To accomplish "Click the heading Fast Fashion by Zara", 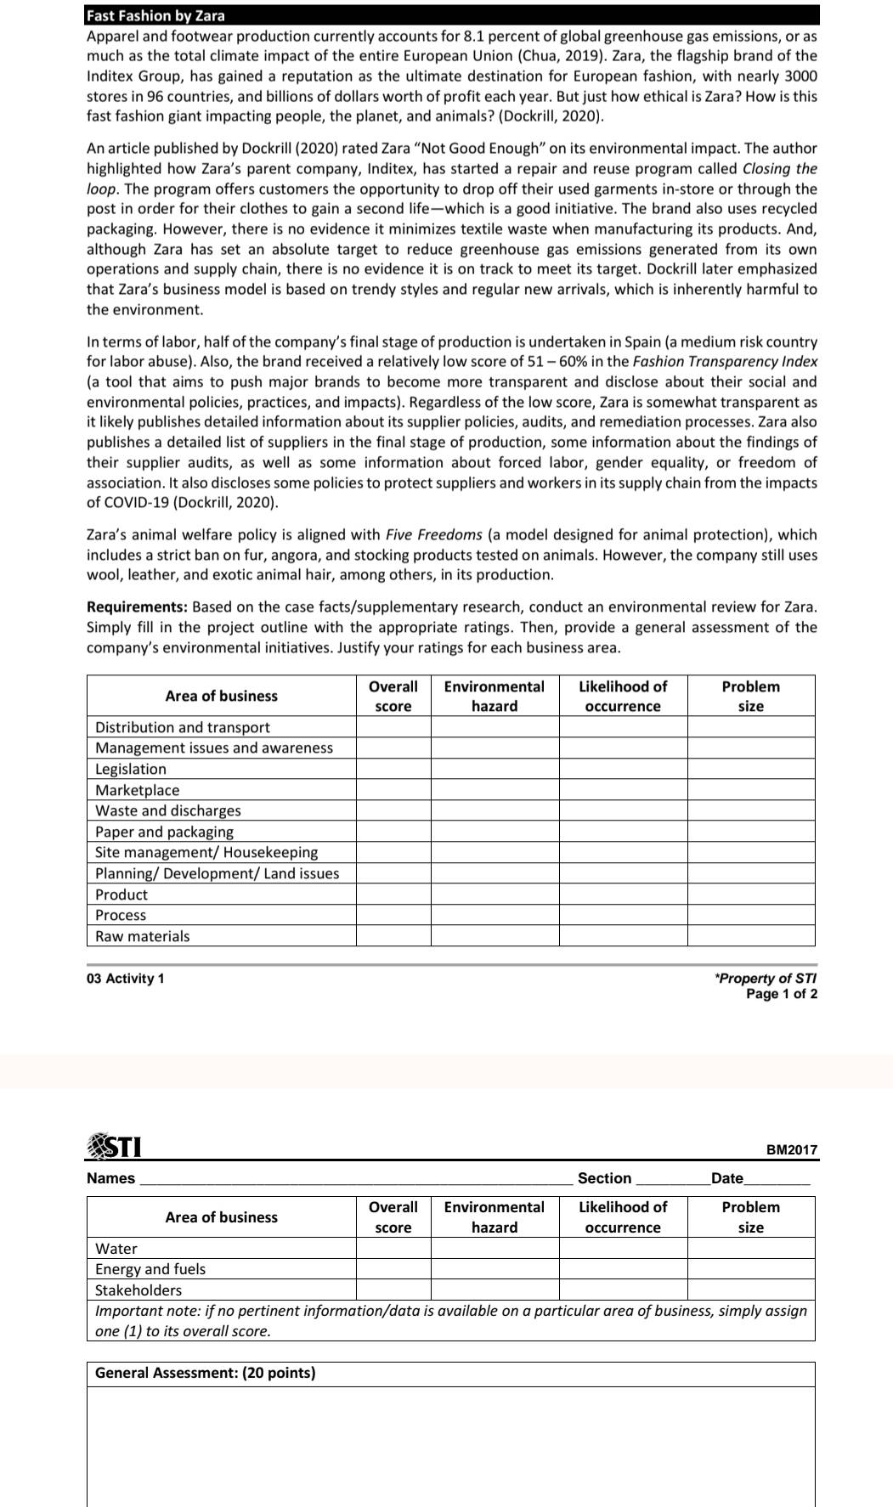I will (x=155, y=15).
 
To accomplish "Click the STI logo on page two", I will (x=114, y=1147).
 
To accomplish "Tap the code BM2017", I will (x=791, y=1150).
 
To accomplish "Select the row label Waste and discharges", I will (x=168, y=810).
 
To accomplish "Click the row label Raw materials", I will (x=143, y=936).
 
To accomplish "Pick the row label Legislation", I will (x=131, y=769).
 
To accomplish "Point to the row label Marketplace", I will (x=138, y=790).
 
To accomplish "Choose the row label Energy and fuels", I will (x=150, y=1269).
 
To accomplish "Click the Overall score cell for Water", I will (x=393, y=1249).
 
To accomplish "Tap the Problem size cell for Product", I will (x=750, y=895).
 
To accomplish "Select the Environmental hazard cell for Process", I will (x=495, y=915).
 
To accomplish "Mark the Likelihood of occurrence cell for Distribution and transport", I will (x=623, y=727).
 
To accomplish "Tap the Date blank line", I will (x=777, y=1179).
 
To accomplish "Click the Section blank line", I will (x=671, y=1179).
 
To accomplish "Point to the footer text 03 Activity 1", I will (x=126, y=979).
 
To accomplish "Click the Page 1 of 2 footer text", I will (x=782, y=994).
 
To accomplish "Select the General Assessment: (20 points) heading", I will (x=205, y=1373).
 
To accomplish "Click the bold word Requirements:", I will (x=137, y=607).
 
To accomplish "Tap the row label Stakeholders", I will (x=138, y=1290).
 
